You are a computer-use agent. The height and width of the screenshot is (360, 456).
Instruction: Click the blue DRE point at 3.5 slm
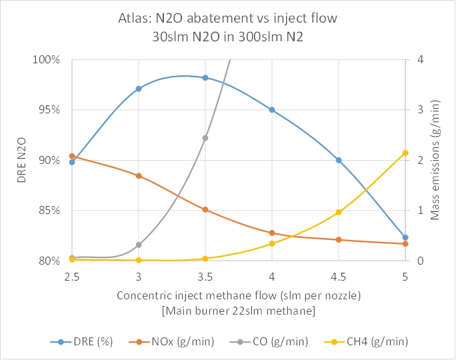[205, 78]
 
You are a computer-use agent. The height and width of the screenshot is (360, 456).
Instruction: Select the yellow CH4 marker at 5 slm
[405, 153]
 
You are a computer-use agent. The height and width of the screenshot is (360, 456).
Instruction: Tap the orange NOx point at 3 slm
[139, 176]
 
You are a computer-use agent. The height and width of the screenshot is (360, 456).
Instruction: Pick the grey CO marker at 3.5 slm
[205, 138]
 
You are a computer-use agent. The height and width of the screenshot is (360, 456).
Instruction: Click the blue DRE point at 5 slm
[405, 237]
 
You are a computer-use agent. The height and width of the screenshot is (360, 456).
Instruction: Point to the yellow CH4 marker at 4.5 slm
[339, 212]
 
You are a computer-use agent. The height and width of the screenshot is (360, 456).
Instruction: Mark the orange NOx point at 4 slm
[272, 233]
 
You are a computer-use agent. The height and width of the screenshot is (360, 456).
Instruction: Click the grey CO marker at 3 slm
[139, 245]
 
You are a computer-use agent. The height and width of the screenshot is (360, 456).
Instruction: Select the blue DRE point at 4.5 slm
[339, 160]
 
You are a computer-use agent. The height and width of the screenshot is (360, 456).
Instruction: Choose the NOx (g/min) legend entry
[176, 342]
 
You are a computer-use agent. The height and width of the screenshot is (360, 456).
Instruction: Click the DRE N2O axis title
[21, 160]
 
